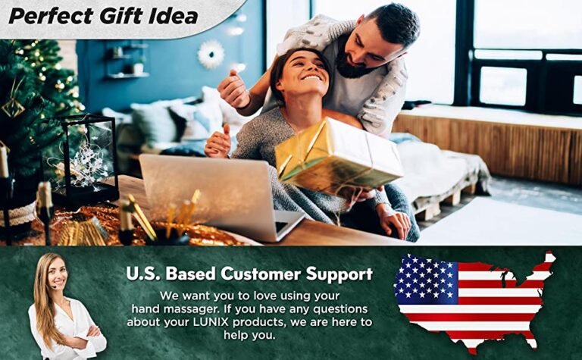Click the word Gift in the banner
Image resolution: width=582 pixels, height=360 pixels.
pos(119,17)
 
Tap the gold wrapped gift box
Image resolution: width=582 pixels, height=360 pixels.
pos(339,156)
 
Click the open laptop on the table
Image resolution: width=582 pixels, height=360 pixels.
pos(219,197)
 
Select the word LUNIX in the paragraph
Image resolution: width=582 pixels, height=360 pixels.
pos(211,322)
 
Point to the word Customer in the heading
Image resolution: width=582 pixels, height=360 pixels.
pos(261,274)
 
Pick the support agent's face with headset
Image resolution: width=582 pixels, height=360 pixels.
pos(58,273)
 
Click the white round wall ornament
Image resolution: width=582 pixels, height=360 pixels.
pos(211,54)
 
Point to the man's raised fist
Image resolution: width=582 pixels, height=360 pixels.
pos(233,89)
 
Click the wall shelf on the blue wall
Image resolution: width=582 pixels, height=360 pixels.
pos(128,75)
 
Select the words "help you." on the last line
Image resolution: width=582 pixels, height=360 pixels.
pos(249,335)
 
